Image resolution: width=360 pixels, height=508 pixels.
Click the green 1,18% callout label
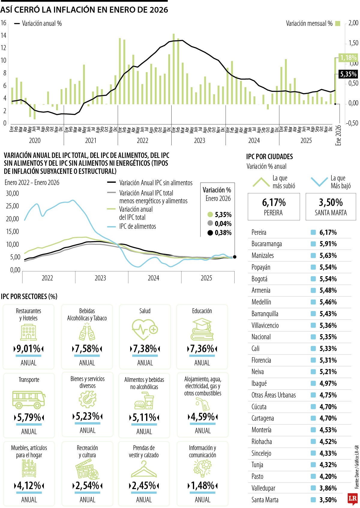(348, 57)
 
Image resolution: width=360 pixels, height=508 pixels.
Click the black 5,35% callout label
(348, 74)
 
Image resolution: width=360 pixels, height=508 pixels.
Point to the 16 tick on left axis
(3, 23)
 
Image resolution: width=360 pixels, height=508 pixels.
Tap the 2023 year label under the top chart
(199, 141)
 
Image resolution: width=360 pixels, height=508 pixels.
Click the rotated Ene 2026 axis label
(338, 135)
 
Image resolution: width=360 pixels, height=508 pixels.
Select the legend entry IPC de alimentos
(137, 226)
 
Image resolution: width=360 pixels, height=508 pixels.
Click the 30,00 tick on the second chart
(12, 193)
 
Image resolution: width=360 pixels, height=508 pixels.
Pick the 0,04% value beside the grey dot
(223, 224)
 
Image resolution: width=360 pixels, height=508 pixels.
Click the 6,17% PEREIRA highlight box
(274, 207)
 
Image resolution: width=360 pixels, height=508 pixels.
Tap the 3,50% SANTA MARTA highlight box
(331, 207)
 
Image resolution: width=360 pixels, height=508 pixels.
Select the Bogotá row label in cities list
(259, 279)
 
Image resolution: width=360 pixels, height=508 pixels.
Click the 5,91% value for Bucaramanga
(328, 244)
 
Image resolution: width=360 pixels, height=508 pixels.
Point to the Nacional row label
(261, 337)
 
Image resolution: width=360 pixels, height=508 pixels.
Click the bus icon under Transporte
(28, 400)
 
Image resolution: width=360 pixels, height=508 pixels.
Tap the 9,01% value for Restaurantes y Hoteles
(28, 349)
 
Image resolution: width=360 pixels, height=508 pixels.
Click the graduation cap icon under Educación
(202, 329)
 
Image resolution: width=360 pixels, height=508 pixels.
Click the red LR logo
(352, 498)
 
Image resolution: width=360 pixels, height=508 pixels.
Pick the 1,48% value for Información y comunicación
(202, 485)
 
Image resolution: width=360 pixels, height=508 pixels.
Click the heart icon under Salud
(145, 329)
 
